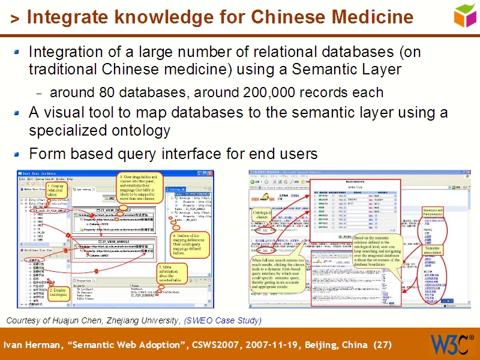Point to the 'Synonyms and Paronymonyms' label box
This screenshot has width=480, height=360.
click(x=433, y=212)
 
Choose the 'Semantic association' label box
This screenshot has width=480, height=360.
click(x=433, y=250)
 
